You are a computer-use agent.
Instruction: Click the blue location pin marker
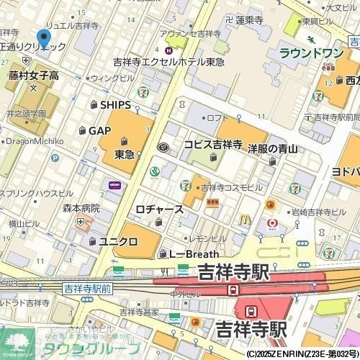coord(44,40)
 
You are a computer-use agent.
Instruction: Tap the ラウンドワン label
coord(310,53)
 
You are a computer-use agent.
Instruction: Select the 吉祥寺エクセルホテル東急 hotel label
coord(168,62)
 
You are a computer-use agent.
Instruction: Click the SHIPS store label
coord(115,105)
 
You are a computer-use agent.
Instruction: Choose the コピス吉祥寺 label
coord(212,145)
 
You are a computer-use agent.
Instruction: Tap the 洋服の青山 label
coord(273,149)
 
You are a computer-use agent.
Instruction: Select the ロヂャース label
coord(159,210)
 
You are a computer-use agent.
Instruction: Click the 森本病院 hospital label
coord(81,207)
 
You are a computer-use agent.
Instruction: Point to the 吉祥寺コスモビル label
coord(231,187)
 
